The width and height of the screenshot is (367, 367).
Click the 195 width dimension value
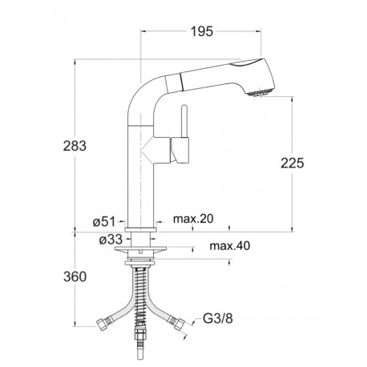click(x=202, y=31)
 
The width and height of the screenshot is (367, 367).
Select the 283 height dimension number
click(x=75, y=146)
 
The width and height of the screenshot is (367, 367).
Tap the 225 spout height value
click(x=292, y=163)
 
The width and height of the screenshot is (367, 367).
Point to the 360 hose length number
click(x=75, y=276)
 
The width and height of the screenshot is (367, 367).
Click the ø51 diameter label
click(x=104, y=221)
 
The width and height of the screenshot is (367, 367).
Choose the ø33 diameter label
click(x=111, y=240)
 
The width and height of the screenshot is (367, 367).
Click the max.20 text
click(x=193, y=219)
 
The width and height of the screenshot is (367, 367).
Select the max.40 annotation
click(x=230, y=246)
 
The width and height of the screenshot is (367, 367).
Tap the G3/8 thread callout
click(x=218, y=318)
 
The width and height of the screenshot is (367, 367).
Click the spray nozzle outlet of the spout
click(x=259, y=93)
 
